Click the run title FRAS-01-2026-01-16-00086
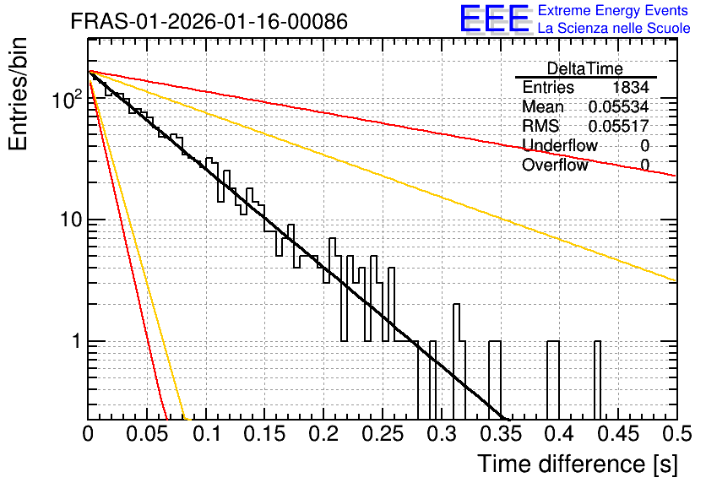pos(209,21)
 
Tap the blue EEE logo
pos(495,19)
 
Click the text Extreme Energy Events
pos(613,10)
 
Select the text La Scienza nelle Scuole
pos(614,28)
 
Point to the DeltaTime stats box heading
pos(585,68)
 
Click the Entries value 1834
pos(630,87)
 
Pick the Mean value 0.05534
pos(618,106)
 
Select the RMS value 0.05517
pos(618,126)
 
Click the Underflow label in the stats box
pos(559,145)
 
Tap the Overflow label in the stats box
pos(555,165)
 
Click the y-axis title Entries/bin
pos(18,94)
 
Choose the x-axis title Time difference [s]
pos(578,464)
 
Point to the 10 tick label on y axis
pos(72,220)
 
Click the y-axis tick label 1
pos(76,341)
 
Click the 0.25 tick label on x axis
pos(383,434)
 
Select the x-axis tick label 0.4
pos(559,434)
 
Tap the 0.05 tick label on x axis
pos(147,434)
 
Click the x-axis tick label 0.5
pos(676,434)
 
